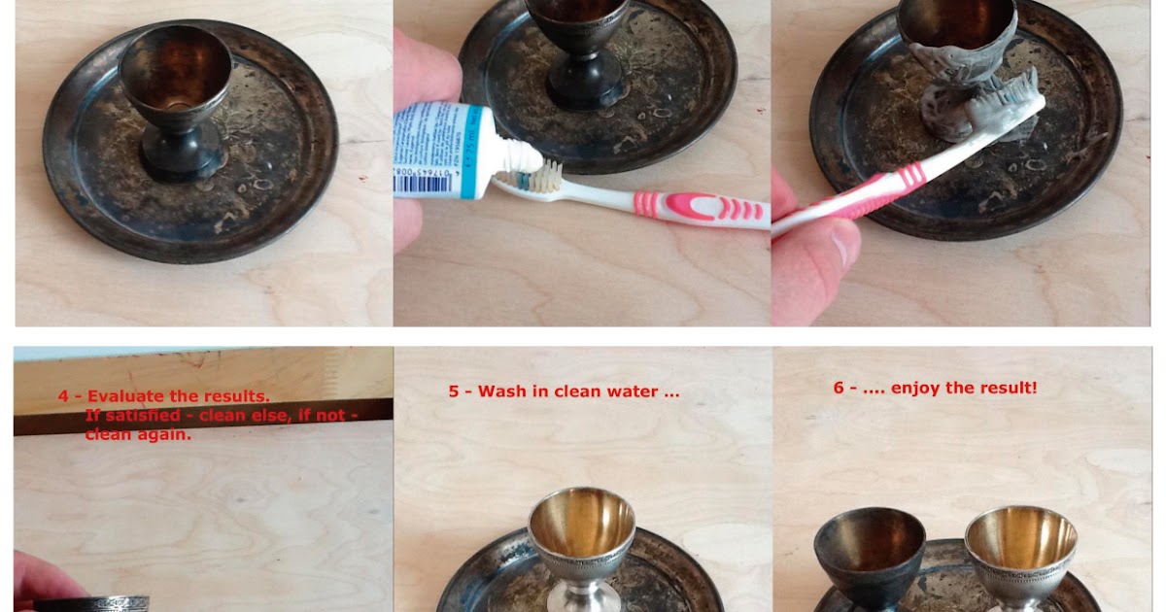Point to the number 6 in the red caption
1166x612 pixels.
point(839,388)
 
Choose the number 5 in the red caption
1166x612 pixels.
point(454,392)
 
